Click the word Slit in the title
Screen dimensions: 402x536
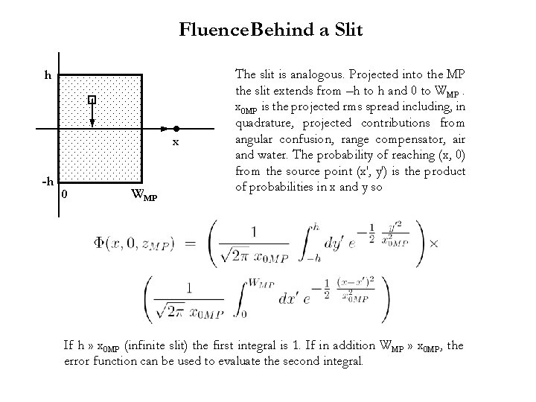pos(346,30)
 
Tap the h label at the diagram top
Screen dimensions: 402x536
pos(48,75)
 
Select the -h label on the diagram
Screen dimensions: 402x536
pos(47,182)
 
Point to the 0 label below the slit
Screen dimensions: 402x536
pos(65,194)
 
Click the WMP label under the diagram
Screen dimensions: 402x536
pos(143,197)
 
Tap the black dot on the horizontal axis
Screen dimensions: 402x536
pos(176,128)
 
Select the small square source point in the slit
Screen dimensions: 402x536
pos(91,99)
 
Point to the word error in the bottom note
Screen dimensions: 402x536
pos(78,362)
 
